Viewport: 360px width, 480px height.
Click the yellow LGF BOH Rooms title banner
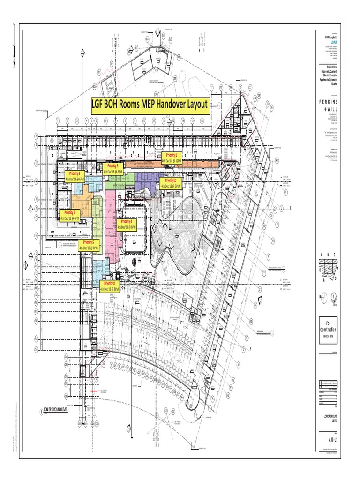(x=150, y=105)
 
